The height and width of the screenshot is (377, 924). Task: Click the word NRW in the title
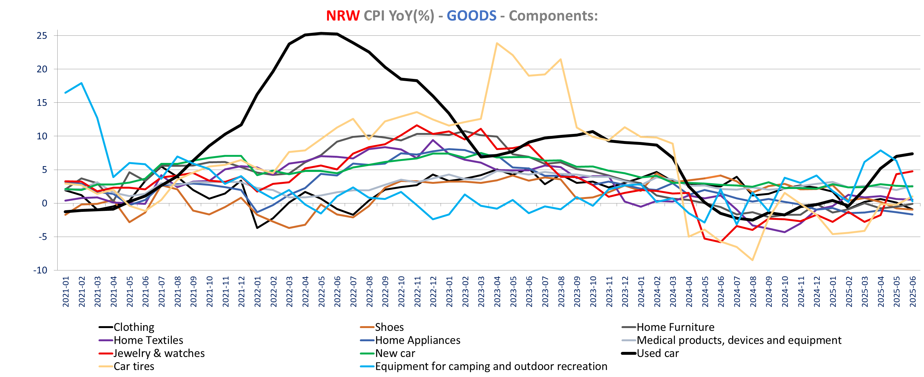pos(342,16)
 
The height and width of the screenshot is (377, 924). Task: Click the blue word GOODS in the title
pos(471,16)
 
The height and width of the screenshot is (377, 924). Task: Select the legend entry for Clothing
pos(134,327)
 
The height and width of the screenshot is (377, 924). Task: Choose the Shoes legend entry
pos(389,327)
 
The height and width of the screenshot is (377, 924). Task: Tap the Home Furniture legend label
pos(675,327)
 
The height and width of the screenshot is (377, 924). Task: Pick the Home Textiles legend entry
pos(148,340)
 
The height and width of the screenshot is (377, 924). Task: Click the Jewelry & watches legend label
pos(159,353)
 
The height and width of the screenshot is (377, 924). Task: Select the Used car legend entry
pos(658,353)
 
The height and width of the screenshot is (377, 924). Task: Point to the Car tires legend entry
pos(134,366)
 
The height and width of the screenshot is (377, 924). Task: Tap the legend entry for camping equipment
pos(491,366)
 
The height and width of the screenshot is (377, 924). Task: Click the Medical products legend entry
pos(739,340)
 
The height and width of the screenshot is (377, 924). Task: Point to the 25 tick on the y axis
pos(42,35)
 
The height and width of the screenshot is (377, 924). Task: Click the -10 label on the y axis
pos(40,270)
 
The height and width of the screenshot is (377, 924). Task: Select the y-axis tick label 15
pos(42,103)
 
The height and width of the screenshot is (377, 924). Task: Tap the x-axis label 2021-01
pos(66,291)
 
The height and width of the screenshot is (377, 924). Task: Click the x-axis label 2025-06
pos(912,291)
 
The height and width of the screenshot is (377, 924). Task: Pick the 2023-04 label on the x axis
pos(497,291)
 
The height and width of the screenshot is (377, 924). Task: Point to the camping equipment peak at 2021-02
pos(82,83)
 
